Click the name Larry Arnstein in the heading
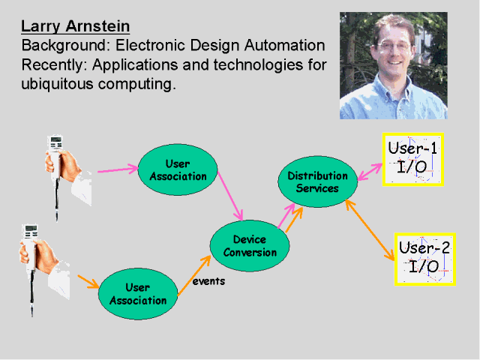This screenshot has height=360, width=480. [x=75, y=27]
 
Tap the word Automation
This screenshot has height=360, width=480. [x=286, y=46]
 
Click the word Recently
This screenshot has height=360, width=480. [x=53, y=65]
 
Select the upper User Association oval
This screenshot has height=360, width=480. [x=178, y=170]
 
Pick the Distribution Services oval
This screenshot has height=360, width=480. [x=317, y=181]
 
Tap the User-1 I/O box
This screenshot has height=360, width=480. [x=412, y=158]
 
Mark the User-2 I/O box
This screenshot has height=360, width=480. [x=424, y=258]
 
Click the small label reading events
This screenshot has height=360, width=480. [x=208, y=281]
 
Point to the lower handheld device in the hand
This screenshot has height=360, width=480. [x=31, y=240]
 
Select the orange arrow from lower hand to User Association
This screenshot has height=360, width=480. [x=88, y=282]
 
